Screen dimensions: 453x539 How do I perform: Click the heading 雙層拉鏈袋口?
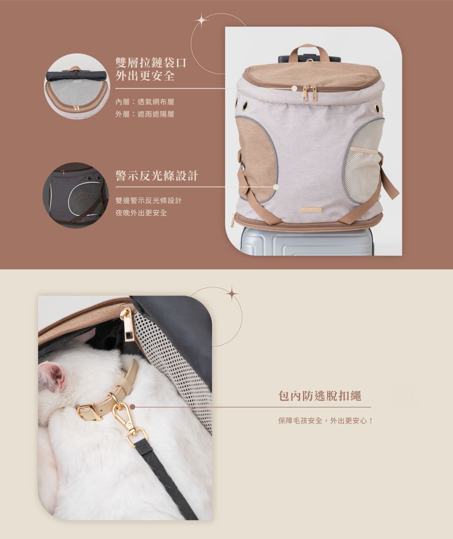151,63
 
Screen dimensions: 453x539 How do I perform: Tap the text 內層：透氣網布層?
145,102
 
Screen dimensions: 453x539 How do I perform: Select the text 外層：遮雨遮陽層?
145,114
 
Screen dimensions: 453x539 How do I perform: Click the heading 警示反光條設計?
157,176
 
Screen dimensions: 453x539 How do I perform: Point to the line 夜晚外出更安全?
141,213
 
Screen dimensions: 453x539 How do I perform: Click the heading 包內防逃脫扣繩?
320,396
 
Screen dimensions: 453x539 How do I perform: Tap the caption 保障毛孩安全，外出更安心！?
325,421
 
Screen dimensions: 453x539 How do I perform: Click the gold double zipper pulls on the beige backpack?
310,93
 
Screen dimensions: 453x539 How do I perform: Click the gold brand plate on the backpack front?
311,209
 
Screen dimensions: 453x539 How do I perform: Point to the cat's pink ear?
52,376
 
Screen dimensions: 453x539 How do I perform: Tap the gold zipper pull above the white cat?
128,325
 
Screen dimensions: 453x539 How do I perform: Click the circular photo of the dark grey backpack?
75,195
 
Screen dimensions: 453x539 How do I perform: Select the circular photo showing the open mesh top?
77,86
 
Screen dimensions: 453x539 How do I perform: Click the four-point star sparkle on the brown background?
202,20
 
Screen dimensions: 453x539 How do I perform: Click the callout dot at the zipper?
294,88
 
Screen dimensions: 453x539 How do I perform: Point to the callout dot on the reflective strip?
276,187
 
